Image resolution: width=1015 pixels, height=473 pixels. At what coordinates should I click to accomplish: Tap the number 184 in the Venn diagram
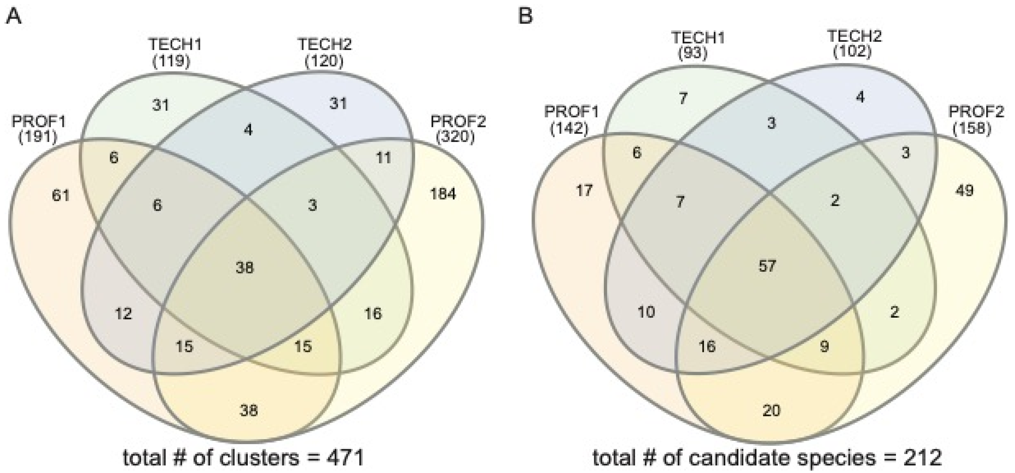click(443, 194)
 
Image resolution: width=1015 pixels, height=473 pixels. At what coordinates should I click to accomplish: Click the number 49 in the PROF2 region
click(964, 191)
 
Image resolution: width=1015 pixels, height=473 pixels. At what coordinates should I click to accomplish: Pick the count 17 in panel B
click(584, 191)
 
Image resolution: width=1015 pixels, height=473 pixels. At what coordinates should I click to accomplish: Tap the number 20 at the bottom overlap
click(771, 411)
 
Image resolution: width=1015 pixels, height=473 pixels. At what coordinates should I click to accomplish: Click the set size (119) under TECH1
click(171, 61)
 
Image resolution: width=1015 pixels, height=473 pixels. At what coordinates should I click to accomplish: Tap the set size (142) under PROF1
click(569, 129)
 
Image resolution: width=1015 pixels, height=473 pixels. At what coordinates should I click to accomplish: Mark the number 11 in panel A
click(383, 158)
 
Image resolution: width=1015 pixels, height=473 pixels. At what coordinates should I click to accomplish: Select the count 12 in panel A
click(123, 314)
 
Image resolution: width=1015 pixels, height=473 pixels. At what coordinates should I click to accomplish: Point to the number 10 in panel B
click(646, 312)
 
